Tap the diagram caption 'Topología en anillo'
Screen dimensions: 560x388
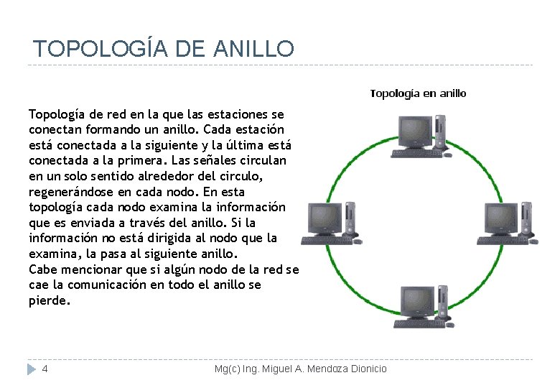[418, 93]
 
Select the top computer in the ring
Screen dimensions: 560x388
[421, 136]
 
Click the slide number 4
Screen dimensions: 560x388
[45, 369]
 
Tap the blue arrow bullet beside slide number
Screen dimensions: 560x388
[30, 369]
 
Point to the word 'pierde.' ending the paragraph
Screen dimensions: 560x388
[50, 300]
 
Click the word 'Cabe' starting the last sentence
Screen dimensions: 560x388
[42, 269]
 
